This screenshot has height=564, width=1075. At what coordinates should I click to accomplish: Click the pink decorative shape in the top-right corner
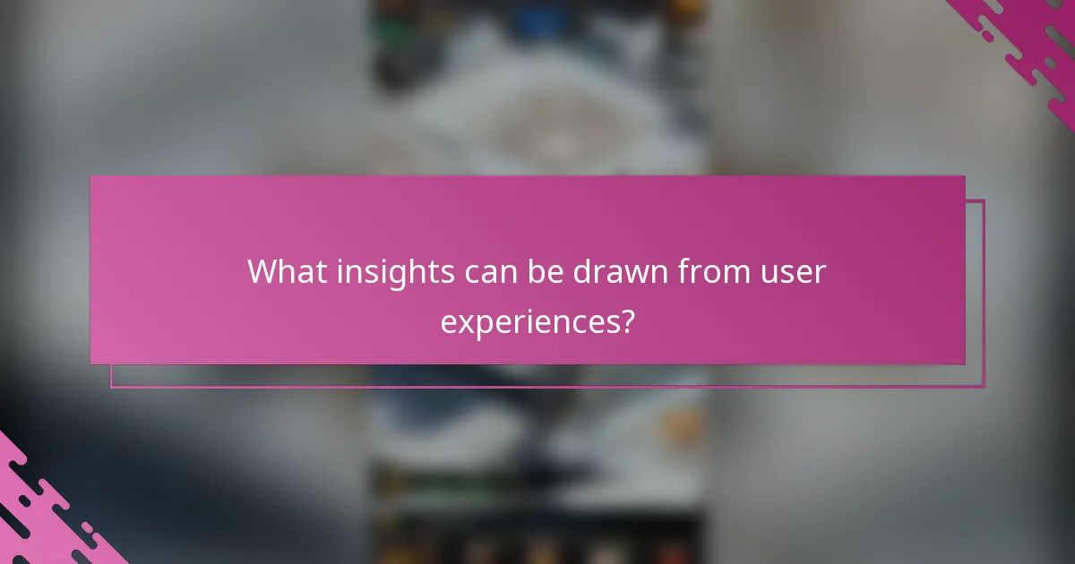coord(1030,45)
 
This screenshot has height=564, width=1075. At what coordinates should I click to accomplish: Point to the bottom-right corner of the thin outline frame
coord(984,387)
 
